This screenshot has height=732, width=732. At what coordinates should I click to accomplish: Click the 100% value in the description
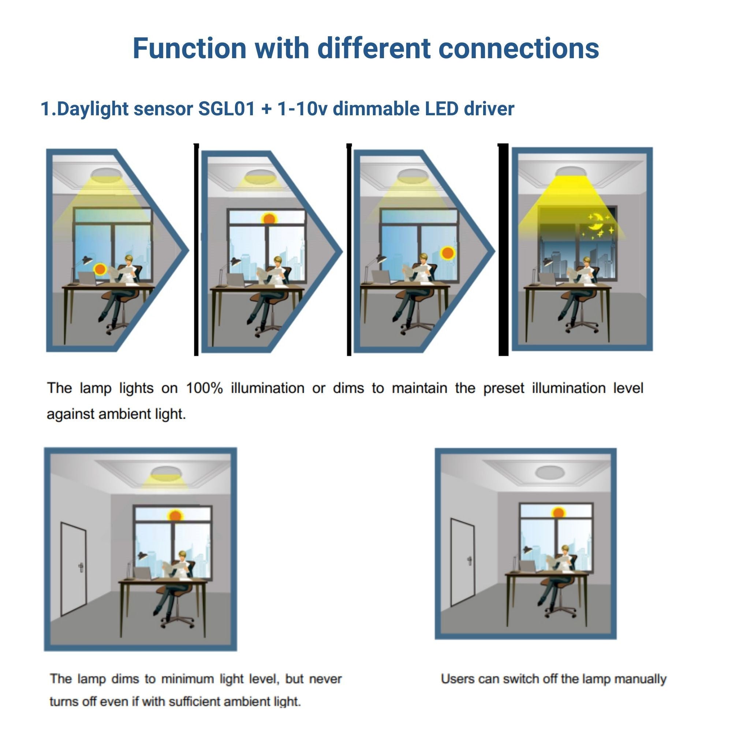tap(204, 388)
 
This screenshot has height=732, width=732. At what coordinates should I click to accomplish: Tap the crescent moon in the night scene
tap(595, 223)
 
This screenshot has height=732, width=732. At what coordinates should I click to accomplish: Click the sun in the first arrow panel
tap(100, 269)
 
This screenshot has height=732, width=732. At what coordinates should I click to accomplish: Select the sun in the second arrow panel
tap(269, 219)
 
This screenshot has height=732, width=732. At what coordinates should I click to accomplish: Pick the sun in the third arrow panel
tap(448, 252)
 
